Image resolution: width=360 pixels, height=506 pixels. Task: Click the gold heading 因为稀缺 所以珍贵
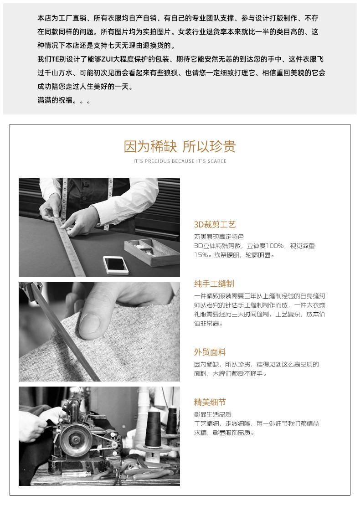coord(180,146)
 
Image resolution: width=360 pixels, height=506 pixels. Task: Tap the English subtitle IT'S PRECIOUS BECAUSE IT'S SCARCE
coord(180,161)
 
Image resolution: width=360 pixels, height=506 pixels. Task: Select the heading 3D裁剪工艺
coord(215,225)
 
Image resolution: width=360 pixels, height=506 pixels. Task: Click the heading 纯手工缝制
coord(214,284)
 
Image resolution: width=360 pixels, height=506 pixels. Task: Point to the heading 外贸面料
coord(210,352)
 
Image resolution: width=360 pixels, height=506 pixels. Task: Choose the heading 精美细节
coord(210,402)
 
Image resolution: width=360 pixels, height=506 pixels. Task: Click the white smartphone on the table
coord(115,265)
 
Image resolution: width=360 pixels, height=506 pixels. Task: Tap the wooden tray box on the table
coord(152,252)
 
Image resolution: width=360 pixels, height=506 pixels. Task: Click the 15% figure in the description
coord(201,255)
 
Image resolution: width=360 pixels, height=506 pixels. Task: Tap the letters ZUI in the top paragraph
coord(106,59)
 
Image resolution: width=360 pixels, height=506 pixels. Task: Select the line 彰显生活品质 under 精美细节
coord(212,414)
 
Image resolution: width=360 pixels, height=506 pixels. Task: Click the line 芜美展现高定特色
coord(219,237)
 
